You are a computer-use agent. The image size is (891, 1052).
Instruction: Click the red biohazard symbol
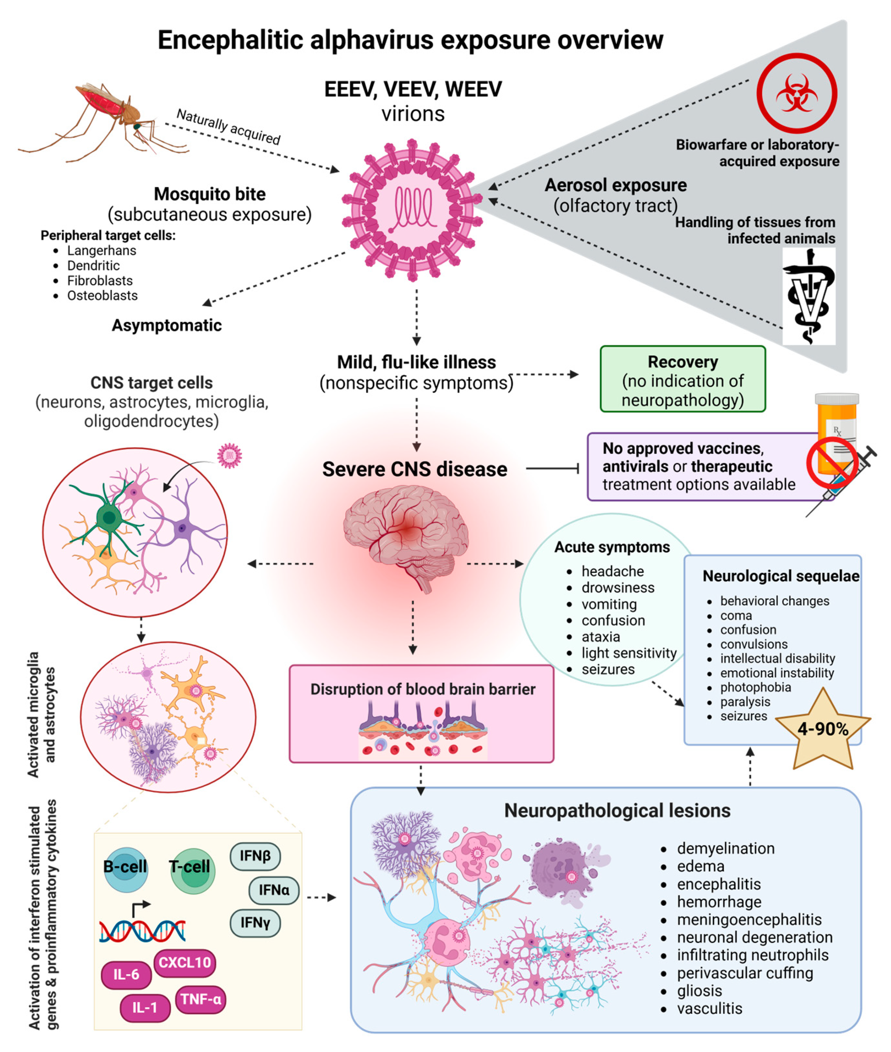(797, 93)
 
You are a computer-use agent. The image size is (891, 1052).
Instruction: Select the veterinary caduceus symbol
(808, 297)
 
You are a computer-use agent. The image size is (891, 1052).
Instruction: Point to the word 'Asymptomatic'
(167, 325)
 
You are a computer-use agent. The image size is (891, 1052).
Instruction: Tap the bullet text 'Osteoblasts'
(102, 295)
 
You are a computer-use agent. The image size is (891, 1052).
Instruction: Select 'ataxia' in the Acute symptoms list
(601, 637)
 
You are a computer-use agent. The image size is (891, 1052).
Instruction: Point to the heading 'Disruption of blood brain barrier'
(422, 689)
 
